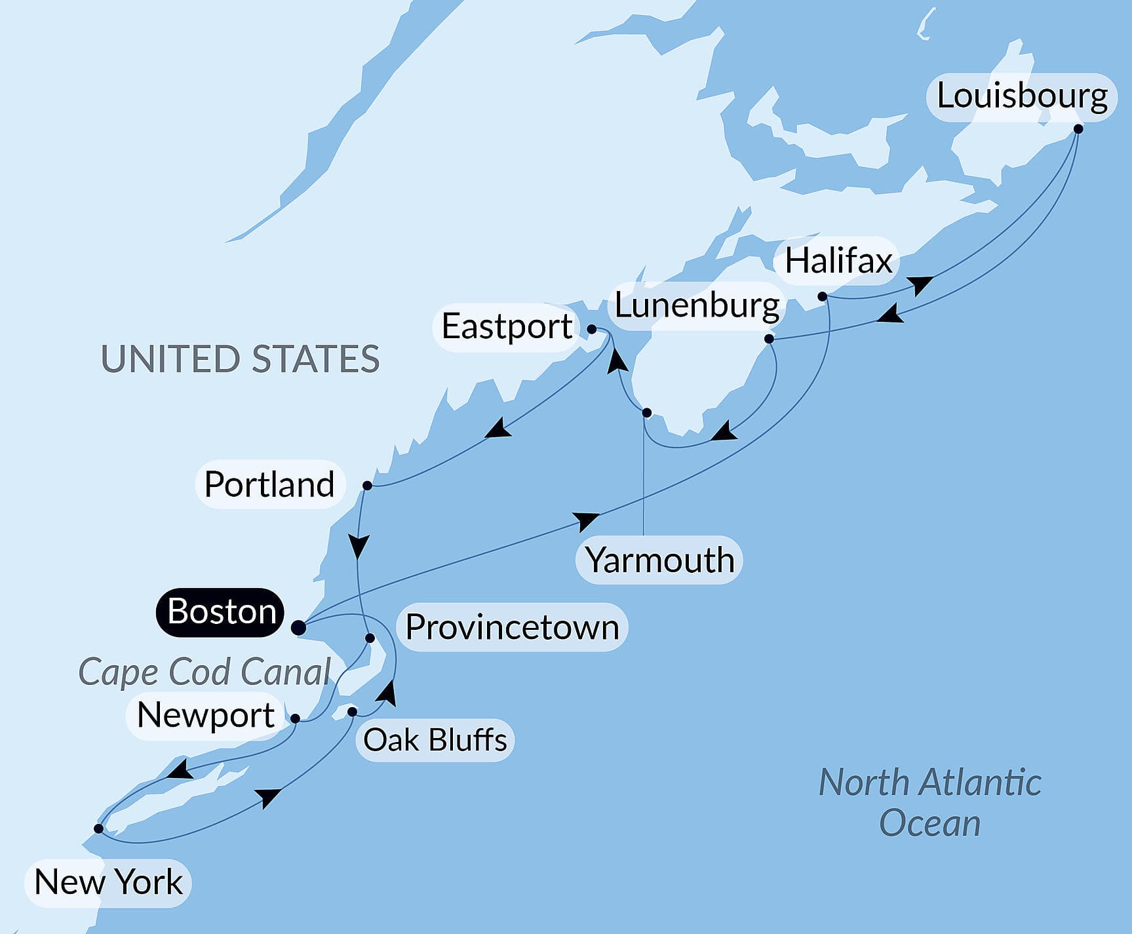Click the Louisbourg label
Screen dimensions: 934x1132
[1021, 96]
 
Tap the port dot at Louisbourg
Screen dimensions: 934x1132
[1078, 129]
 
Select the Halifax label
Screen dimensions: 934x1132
[838, 261]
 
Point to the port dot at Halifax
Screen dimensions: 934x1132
[822, 297]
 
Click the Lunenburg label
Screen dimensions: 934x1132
[697, 305]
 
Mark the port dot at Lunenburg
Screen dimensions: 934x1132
[769, 339]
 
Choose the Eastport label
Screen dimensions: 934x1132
[506, 326]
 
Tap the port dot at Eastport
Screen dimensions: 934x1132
[591, 329]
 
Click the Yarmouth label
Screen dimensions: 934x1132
[659, 560]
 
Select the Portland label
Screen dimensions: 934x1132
[269, 484]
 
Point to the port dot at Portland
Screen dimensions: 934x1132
[367, 486]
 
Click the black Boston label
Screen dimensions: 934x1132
[221, 612]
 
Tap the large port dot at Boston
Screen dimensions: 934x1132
[298, 628]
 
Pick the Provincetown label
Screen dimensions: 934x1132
[512, 627]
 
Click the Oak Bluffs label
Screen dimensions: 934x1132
[435, 740]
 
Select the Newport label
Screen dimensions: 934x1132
[206, 714]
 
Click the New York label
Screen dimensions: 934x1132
[108, 882]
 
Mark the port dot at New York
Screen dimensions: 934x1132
[98, 828]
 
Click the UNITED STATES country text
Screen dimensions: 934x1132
[240, 359]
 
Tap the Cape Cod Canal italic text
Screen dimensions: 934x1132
[205, 672]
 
